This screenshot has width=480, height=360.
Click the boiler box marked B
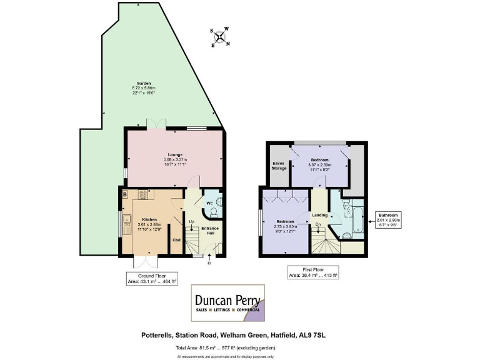tap(126, 195)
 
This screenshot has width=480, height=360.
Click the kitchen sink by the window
tap(127, 220)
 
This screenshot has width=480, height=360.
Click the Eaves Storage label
tap(278, 166)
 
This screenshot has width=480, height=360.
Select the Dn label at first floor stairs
tap(318, 224)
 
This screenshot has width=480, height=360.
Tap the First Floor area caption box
tap(312, 272)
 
